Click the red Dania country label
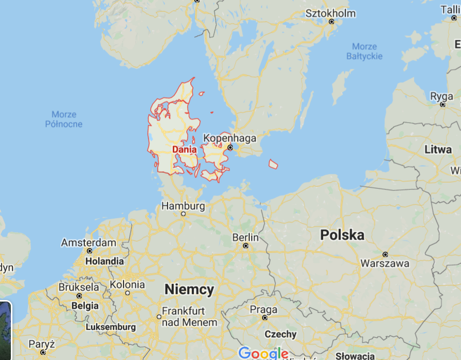pos(184,149)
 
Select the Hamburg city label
pos(183,206)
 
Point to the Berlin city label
pos(245,237)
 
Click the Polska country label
pos(342,235)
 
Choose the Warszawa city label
pos(385,263)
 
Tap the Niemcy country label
pos(189,290)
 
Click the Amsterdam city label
pos(88,243)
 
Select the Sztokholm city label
pos(331,13)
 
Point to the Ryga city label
pos(442,96)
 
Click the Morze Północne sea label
pos(64,119)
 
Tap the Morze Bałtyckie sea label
pos(364,51)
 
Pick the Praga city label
pos(264,309)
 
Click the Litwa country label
pos(438,150)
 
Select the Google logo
pos(263,353)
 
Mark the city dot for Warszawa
pos(385,254)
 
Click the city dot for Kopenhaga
pos(230,147)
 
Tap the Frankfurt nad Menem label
pos(189,317)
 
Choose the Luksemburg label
pos(111,327)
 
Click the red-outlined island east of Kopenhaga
pos(273,164)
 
